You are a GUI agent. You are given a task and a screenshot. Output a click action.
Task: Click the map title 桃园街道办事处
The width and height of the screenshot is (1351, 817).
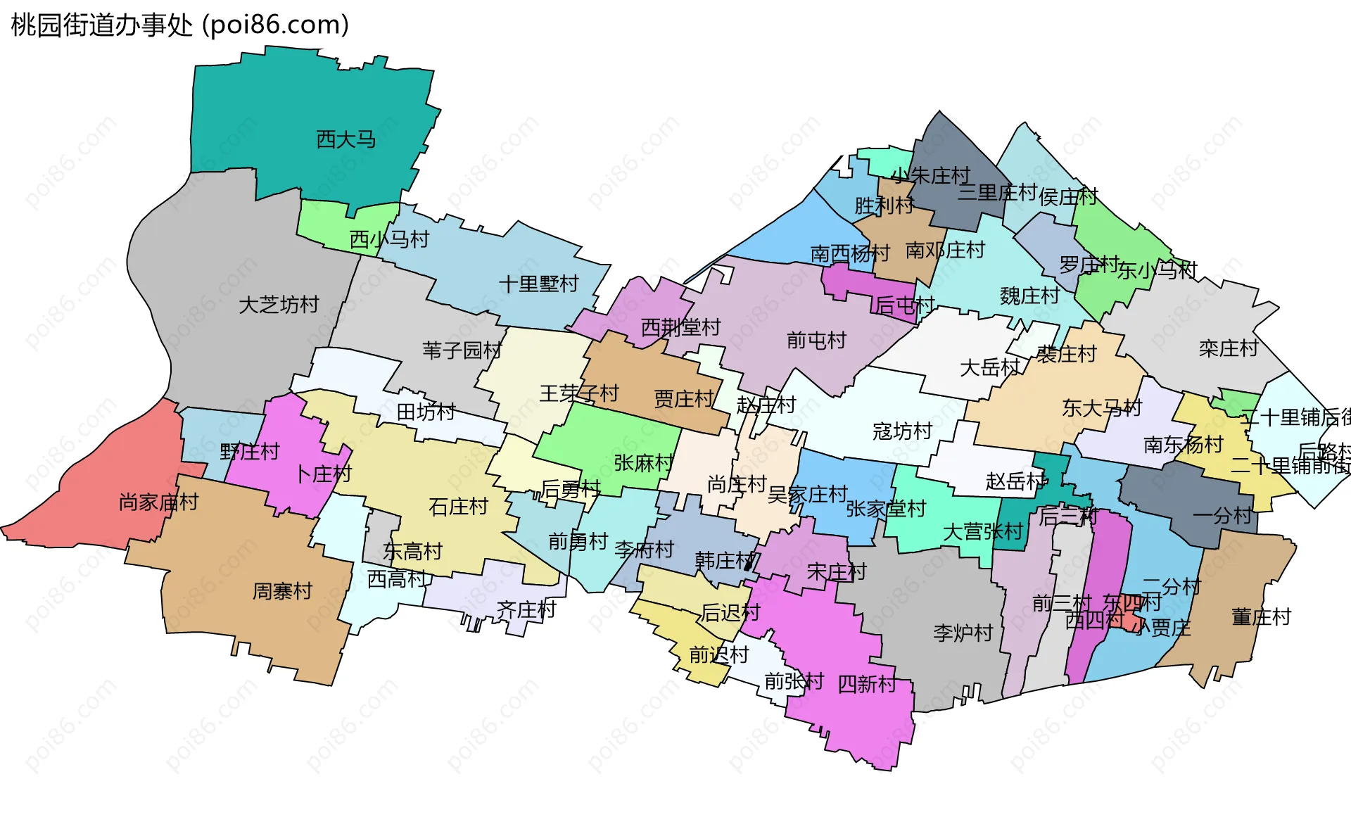[101, 25]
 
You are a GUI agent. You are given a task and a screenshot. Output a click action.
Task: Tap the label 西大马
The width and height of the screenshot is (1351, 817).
[345, 139]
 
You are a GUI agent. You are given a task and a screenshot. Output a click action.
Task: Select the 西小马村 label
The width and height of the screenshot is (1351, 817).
[389, 239]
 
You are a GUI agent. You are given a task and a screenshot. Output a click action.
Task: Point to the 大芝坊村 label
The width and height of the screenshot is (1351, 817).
[279, 305]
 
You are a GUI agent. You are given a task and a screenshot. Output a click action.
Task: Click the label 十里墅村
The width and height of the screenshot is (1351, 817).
[538, 284]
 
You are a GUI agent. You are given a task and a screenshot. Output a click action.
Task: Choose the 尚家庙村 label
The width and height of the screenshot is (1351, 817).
[158, 502]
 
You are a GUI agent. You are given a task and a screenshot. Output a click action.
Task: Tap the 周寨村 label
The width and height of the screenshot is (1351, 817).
[281, 590]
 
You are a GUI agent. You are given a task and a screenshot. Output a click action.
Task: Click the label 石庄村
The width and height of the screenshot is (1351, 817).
[458, 506]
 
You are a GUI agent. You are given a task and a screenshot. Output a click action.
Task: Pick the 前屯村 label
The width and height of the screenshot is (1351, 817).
[816, 341]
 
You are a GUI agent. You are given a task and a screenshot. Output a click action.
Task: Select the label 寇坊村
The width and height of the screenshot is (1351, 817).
[902, 431]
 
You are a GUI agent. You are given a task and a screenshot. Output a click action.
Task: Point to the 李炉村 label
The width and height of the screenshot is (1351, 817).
[963, 633]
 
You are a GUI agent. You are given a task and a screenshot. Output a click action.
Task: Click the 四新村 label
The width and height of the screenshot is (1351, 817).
[867, 683]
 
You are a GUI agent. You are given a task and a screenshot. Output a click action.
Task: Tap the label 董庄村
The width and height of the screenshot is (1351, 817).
[1262, 617]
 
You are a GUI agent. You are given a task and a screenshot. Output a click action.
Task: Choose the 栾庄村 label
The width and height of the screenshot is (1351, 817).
[1228, 348]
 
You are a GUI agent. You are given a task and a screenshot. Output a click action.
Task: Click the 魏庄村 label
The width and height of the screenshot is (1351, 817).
[1029, 296]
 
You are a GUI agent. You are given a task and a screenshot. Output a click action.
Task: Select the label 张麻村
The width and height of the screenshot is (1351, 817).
[643, 462]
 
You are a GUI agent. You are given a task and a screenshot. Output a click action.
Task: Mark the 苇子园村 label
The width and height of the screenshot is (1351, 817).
[462, 350]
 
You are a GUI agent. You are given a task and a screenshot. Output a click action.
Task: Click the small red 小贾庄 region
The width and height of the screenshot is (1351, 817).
[1130, 620]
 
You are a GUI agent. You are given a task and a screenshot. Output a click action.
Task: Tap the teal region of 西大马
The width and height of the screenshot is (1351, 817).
[296, 106]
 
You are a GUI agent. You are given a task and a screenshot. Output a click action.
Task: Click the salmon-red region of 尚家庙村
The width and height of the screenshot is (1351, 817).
[106, 486]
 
